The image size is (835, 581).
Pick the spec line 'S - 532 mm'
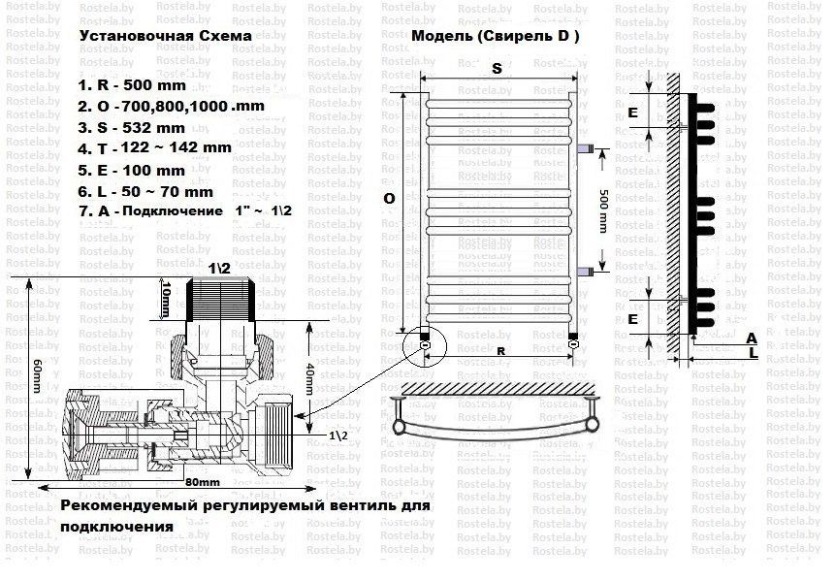pyautogui.click(x=131, y=127)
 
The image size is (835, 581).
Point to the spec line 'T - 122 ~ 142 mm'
pyautogui.click(x=154, y=148)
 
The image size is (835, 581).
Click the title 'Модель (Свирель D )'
pyautogui.click(x=496, y=36)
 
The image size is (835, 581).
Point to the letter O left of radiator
pyautogui.click(x=388, y=198)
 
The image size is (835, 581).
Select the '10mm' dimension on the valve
pyautogui.click(x=166, y=298)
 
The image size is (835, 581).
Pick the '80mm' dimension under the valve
pyautogui.click(x=197, y=482)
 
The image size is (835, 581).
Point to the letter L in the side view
pyautogui.click(x=752, y=356)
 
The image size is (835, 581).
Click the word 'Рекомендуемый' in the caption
pyautogui.click(x=123, y=507)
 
